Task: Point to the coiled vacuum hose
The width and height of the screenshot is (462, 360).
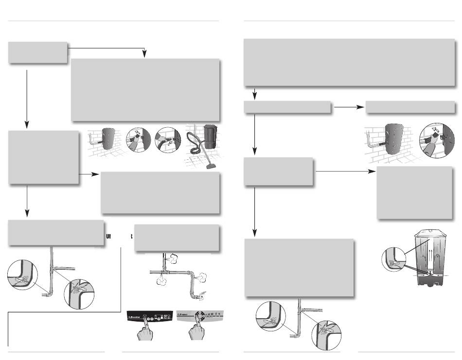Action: (196, 151)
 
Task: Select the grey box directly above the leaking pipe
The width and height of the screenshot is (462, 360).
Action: (177, 238)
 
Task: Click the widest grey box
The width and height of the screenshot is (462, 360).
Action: (350, 63)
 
